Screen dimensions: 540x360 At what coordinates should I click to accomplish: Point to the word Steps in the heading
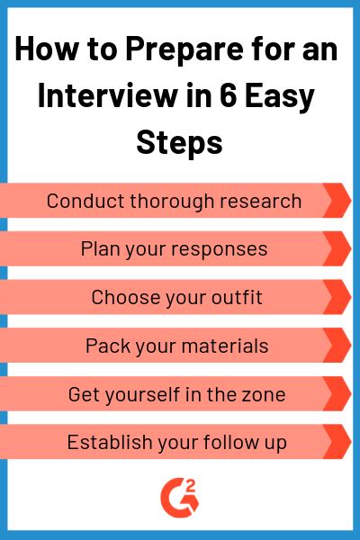point(180,140)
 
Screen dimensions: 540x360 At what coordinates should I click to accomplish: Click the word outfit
point(235,297)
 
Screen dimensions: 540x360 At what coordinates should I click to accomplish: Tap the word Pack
point(104,346)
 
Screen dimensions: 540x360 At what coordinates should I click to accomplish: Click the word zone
point(265,394)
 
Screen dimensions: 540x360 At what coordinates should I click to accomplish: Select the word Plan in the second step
point(99,248)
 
